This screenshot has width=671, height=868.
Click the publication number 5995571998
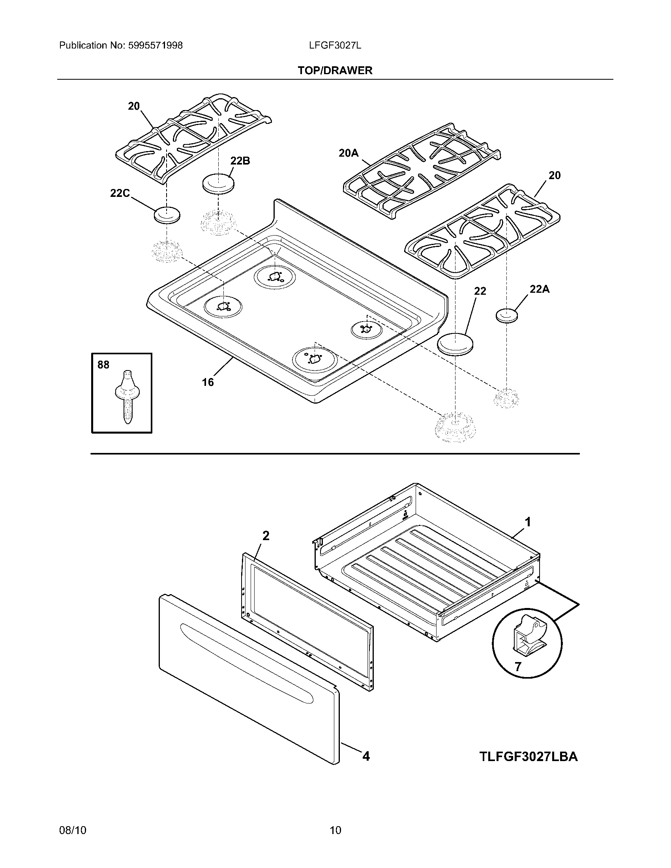tap(155, 46)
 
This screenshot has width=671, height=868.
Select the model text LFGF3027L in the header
tap(335, 46)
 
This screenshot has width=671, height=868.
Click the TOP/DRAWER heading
tap(335, 71)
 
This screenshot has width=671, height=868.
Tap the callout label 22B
tap(240, 161)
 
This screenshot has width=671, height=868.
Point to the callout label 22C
tap(120, 193)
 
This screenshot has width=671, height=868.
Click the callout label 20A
tap(348, 153)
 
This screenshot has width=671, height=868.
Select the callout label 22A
tap(540, 289)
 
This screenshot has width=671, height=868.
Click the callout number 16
tap(208, 382)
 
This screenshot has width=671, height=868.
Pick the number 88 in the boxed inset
tap(103, 365)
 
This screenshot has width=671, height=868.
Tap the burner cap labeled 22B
tap(218, 183)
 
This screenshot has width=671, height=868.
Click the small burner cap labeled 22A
tap(507, 316)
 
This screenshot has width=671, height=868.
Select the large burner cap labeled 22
tap(455, 343)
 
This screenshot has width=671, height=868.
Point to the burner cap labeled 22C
tap(167, 215)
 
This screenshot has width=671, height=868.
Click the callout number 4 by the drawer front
tap(366, 756)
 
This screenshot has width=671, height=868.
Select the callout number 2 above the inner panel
tap(266, 536)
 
